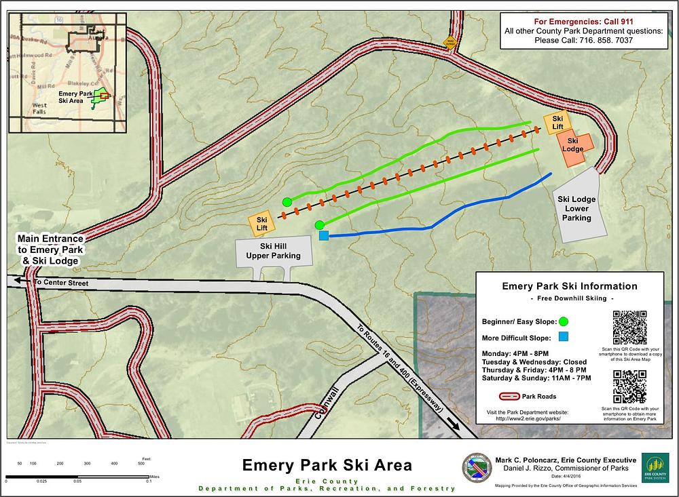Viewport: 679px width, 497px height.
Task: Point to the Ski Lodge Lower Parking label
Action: coord(574,208)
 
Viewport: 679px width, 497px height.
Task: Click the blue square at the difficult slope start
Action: coord(324,235)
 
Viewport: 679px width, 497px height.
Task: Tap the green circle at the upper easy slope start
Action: coord(287,201)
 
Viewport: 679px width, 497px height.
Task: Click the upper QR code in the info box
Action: coord(629,327)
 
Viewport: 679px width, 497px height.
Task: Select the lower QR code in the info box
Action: coord(629,386)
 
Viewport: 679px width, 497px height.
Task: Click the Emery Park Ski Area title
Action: coord(327,466)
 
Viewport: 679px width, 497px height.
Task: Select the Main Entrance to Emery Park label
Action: coord(51,250)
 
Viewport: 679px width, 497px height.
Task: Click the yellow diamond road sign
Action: coord(449,42)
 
